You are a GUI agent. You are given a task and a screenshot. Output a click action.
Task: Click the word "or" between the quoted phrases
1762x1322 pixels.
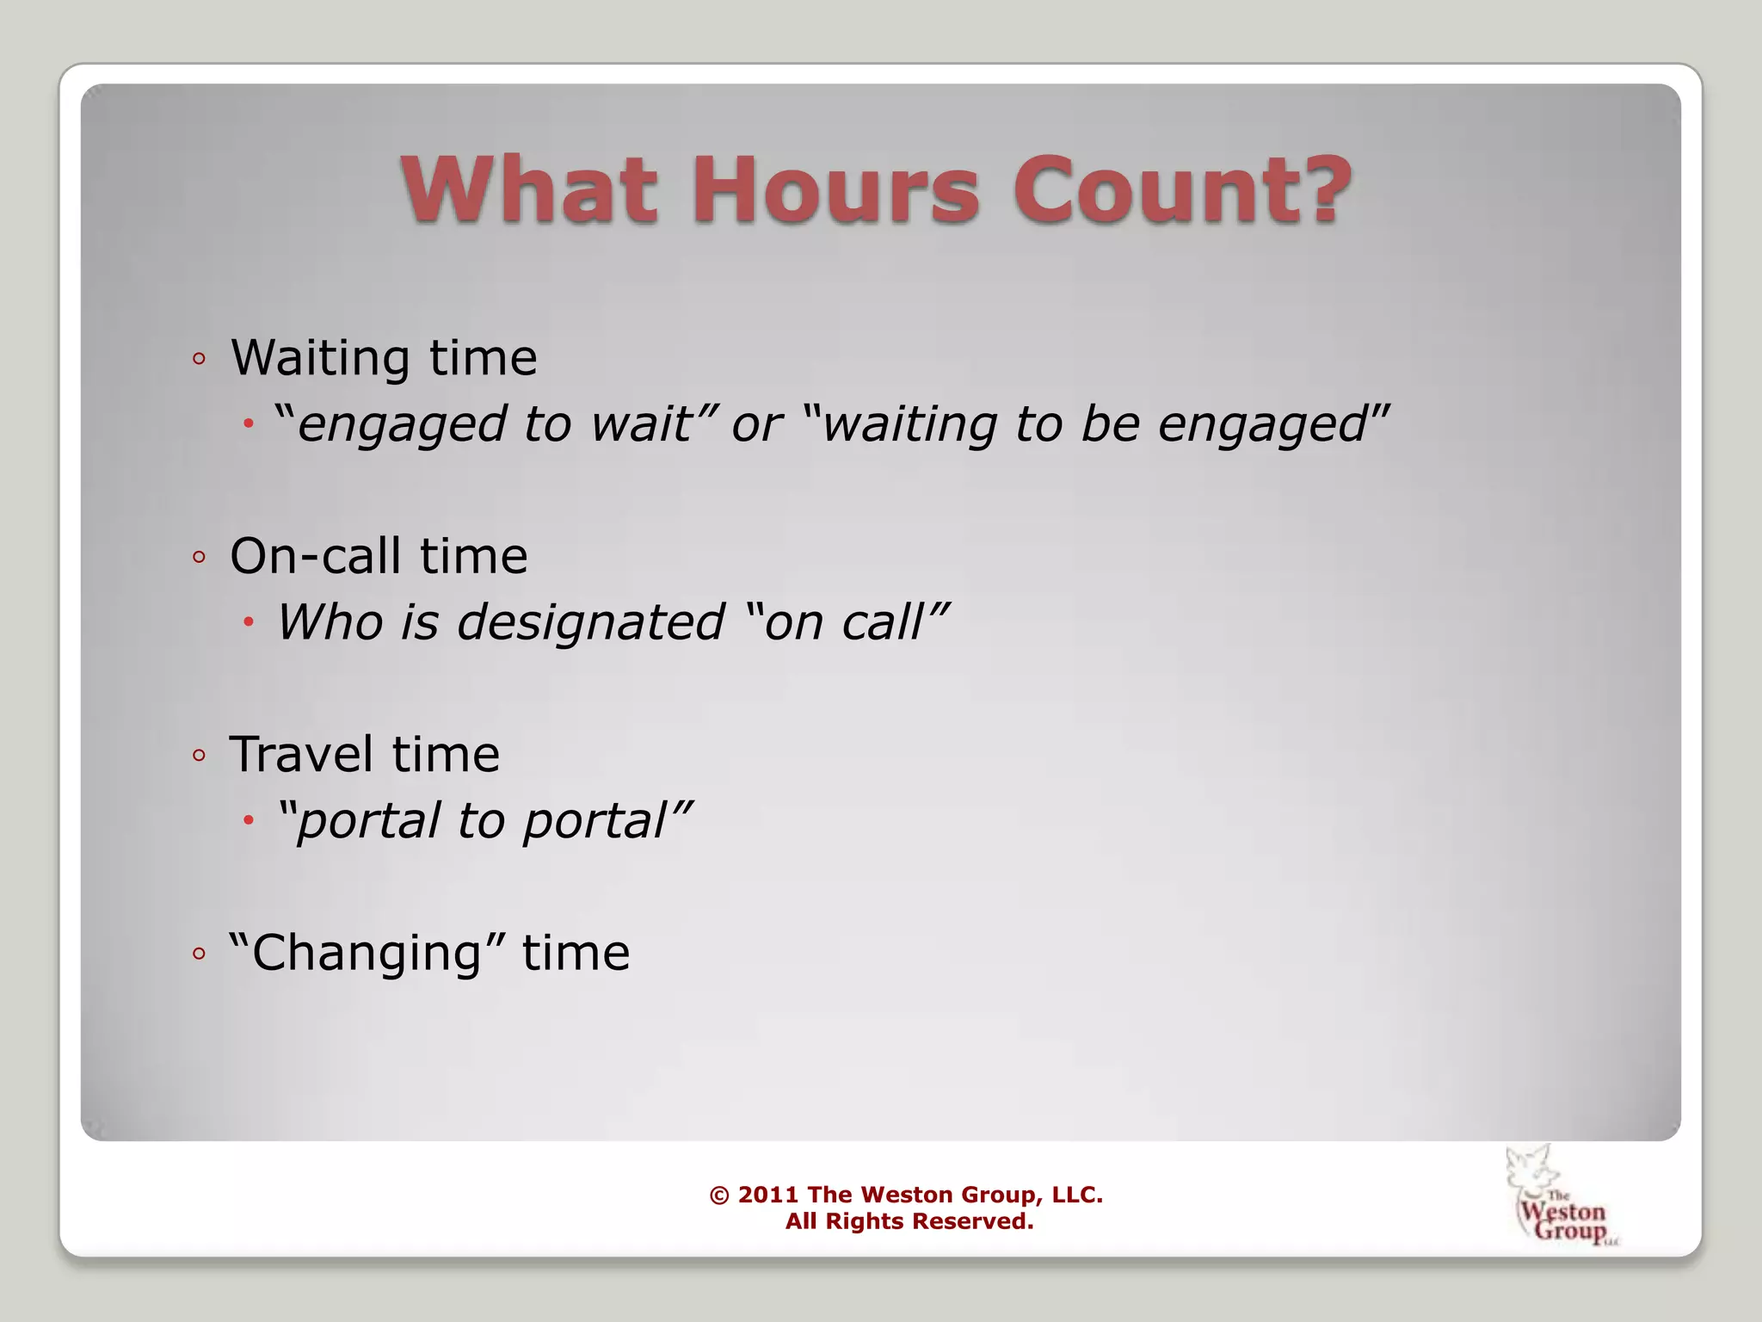tap(756, 425)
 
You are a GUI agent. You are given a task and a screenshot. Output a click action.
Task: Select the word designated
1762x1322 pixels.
tap(591, 622)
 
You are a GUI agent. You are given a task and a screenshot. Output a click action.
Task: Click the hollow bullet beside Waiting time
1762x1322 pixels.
tap(200, 359)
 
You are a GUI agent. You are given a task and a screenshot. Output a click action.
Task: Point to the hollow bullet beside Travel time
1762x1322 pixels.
tap(200, 756)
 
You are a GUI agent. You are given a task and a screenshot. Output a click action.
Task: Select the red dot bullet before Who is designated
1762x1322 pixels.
tap(249, 622)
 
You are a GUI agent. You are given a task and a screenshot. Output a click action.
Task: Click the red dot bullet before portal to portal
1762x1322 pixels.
tap(249, 821)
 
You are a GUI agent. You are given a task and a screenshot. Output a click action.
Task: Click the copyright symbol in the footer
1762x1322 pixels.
tap(719, 1195)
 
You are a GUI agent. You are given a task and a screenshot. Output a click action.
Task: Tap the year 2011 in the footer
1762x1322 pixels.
tap(768, 1195)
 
